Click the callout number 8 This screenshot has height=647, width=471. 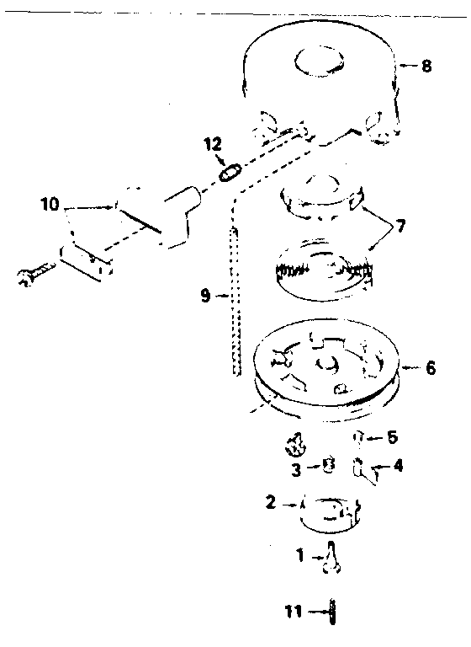coord(426,66)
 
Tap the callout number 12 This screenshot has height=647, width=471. coord(213,144)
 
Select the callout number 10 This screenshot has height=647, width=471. coord(50,204)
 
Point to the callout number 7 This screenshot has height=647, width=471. coord(400,225)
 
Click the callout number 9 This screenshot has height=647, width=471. coord(206,296)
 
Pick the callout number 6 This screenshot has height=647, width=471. coord(430,367)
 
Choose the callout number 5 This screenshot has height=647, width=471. coord(392,437)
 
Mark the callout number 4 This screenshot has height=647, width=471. coord(398,465)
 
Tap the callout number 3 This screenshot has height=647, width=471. coord(296,470)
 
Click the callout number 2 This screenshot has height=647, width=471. coord(270,503)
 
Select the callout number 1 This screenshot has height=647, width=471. coord(300,556)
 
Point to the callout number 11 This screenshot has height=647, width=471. coord(294,612)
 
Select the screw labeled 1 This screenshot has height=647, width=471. coord(332,558)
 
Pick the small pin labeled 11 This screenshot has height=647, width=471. coord(332,612)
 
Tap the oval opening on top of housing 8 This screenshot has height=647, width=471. coord(320,61)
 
